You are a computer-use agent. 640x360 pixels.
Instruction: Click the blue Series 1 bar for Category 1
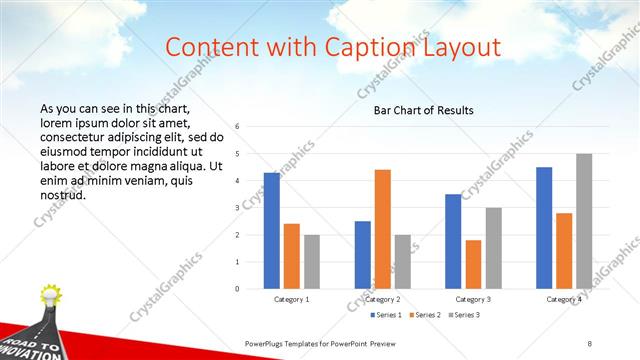pyautogui.click(x=272, y=231)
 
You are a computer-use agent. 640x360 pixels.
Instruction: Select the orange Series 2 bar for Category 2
pyautogui.click(x=383, y=229)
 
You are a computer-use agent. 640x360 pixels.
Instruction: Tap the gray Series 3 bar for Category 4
pyautogui.click(x=584, y=221)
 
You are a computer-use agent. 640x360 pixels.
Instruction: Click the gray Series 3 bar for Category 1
pyautogui.click(x=312, y=262)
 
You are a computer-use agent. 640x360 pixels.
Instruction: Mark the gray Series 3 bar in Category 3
pyautogui.click(x=493, y=248)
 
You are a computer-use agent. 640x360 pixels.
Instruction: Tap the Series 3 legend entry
pyautogui.click(x=465, y=315)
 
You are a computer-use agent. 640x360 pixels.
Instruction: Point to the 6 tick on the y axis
pyautogui.click(x=237, y=127)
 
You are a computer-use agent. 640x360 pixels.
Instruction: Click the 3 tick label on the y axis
pyautogui.click(x=237, y=208)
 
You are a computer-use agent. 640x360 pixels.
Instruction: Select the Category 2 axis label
pyautogui.click(x=382, y=299)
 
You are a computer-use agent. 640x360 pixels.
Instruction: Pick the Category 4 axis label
pyautogui.click(x=564, y=299)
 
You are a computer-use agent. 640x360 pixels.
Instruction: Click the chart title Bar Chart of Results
pyautogui.click(x=424, y=110)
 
